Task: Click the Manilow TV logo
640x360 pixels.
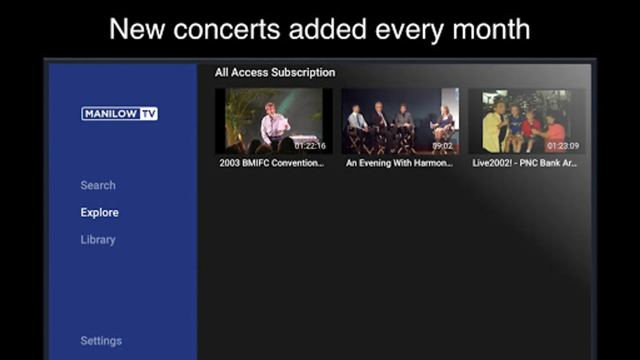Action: pos(120,114)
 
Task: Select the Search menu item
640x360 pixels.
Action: pos(98,185)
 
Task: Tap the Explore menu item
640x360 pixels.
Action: pos(100,212)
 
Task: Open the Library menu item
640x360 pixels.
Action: pos(98,240)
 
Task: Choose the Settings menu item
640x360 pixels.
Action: pos(101,340)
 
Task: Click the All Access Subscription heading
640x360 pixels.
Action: pos(275,72)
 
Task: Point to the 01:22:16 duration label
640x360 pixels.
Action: pos(310,146)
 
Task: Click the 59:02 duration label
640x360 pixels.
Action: pos(442,146)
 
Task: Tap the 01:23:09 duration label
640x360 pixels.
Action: pos(563,146)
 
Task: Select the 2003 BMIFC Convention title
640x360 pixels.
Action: pos(272,163)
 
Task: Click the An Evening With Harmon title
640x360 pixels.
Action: pos(400,163)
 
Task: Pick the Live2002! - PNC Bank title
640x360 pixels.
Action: pos(524,163)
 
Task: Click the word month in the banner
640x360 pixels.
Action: pos(491,30)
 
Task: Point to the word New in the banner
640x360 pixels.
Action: pos(137,30)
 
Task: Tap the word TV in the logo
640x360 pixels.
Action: pos(149,114)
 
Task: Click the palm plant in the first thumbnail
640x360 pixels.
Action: pos(240,114)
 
